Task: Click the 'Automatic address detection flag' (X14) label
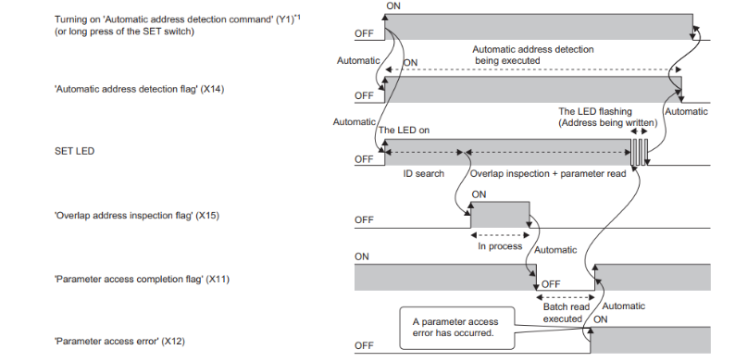(139, 89)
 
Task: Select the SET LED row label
(75, 152)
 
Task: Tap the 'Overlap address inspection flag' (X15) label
(137, 216)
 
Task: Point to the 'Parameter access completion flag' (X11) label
(142, 280)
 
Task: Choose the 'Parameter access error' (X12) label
(120, 342)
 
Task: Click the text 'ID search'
(424, 173)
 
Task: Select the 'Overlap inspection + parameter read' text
(548, 173)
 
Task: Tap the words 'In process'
(500, 246)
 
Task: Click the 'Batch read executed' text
(566, 313)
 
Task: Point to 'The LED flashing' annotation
(595, 112)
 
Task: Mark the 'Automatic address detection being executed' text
(533, 55)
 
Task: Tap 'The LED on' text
(404, 131)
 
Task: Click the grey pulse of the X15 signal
(500, 215)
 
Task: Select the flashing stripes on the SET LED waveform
(639, 152)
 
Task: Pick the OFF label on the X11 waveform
(551, 284)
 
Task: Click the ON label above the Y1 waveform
(393, 6)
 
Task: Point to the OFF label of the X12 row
(364, 345)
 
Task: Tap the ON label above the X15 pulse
(480, 194)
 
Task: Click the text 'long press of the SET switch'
(132, 31)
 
